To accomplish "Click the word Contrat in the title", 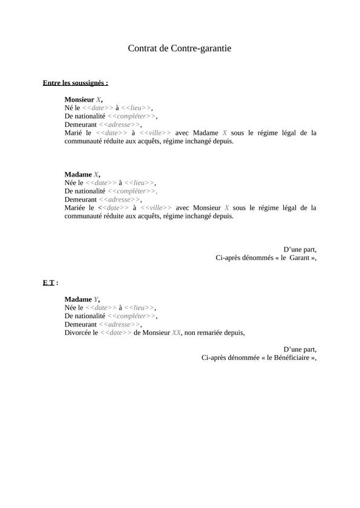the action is (142, 48).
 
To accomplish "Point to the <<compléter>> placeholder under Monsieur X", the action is (132, 116).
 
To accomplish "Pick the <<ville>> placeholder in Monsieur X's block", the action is (155, 132).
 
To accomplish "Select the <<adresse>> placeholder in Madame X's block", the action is (119, 199).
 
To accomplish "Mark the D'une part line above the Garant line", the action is (299, 249).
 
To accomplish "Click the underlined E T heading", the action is (49, 282).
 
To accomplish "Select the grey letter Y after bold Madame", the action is (96, 299).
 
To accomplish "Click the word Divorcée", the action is (78, 332).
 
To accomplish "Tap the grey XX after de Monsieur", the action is (177, 332).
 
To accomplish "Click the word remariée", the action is (214, 332).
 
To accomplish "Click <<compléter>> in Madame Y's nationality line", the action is (132, 316).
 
